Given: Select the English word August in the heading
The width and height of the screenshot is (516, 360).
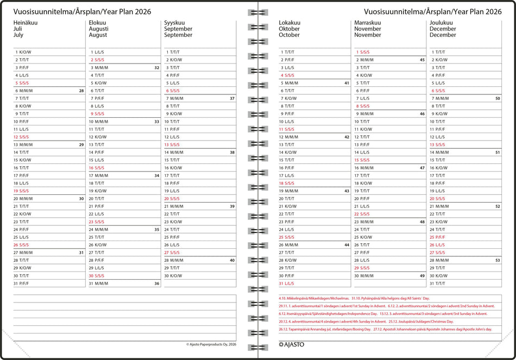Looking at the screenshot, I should (98, 35).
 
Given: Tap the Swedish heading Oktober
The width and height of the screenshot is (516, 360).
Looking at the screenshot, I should (289, 29).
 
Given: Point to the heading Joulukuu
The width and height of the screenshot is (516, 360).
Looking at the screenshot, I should (441, 23).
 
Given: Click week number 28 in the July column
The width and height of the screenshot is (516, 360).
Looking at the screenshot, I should (81, 91).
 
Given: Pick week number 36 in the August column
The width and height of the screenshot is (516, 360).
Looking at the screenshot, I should (157, 283).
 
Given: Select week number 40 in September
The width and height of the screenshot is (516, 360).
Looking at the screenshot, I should (232, 261).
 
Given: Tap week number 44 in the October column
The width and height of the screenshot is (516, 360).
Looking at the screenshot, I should (347, 245).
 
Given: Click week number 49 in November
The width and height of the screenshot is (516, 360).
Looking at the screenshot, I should (422, 276).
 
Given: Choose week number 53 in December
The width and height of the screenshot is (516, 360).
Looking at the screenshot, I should (498, 261).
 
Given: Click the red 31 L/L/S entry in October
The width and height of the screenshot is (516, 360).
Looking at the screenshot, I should (287, 283).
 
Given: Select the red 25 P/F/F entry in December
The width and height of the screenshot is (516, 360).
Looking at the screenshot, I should (437, 237).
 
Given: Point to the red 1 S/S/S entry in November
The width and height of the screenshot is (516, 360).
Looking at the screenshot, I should (363, 52).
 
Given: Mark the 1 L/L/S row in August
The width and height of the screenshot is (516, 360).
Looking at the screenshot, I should (98, 52).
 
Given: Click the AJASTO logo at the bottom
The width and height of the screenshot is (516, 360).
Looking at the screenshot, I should (291, 344).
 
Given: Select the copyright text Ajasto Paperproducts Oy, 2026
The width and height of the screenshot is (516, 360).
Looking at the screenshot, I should (211, 344).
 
